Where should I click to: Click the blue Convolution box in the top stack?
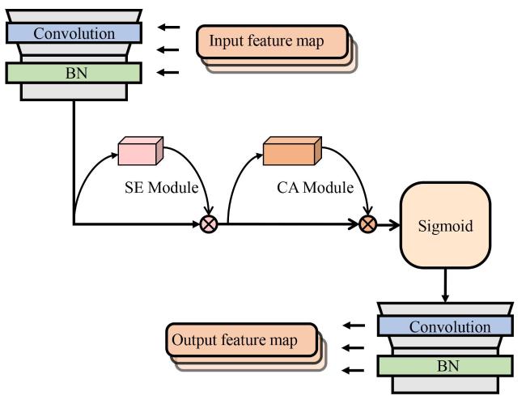point(74,33)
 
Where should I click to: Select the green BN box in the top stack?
point(74,73)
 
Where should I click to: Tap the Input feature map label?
point(267,41)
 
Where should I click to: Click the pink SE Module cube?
point(141,151)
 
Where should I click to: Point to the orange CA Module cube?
point(292,151)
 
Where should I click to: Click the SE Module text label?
point(161,187)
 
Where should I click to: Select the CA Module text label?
point(316,187)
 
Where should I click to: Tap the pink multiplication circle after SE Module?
point(209,223)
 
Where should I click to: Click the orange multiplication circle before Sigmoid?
point(367,223)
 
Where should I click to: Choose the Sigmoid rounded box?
point(445,225)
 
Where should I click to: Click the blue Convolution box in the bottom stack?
point(445,326)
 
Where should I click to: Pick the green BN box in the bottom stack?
point(445,366)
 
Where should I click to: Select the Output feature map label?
point(235,340)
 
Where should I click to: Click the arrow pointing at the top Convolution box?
point(168,27)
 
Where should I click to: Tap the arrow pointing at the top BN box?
point(168,72)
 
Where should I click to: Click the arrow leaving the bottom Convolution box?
point(354,326)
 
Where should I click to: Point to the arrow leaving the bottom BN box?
point(354,371)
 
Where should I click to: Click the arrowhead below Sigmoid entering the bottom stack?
point(445,298)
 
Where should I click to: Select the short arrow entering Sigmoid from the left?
point(388,224)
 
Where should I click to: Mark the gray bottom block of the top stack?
point(74,91)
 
